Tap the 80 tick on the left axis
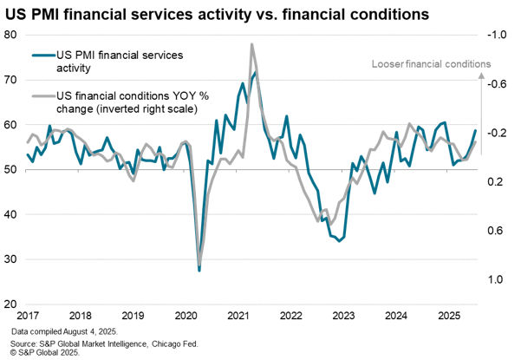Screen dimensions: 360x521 (x=10, y=34)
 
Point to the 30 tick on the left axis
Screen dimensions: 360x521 (x=10, y=259)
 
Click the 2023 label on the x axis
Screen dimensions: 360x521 (x=342, y=316)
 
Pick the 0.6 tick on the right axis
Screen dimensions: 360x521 (x=497, y=231)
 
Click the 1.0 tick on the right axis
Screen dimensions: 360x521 (x=497, y=279)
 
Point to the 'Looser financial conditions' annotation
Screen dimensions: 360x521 (x=431, y=64)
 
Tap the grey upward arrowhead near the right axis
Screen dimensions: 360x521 (x=480, y=76)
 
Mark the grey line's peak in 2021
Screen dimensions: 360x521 (x=251, y=44)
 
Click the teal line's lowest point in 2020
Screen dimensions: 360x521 (x=199, y=271)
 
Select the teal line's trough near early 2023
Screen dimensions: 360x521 (x=338, y=240)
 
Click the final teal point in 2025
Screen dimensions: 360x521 (x=475, y=131)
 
